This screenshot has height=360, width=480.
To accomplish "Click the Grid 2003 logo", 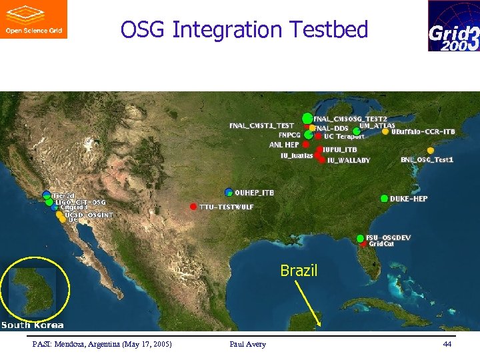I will coord(453,26).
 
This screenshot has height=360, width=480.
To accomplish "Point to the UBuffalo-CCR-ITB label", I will coord(423,132).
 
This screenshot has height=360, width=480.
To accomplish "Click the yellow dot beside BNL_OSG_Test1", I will coord(431,151).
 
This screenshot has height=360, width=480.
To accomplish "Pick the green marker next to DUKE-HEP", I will coord(385,199).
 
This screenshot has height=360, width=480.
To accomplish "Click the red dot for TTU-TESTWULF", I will coord(193,206).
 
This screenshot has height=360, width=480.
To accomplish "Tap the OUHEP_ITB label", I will coord(255,193).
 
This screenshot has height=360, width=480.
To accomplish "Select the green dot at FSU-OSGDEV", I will coord(361,238).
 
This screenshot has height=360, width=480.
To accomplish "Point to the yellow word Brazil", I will coord(299,271).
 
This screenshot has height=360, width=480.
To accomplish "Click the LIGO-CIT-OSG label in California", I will coord(80,202).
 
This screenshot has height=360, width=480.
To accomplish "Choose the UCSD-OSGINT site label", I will coord(89,215).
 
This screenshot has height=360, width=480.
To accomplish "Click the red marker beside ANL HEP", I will coord(305,144).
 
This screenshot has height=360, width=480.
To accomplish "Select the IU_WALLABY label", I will coord(349,161).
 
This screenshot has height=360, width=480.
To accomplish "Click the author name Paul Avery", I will coord(247,344).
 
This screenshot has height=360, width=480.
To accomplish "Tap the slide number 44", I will coord(447,344).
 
